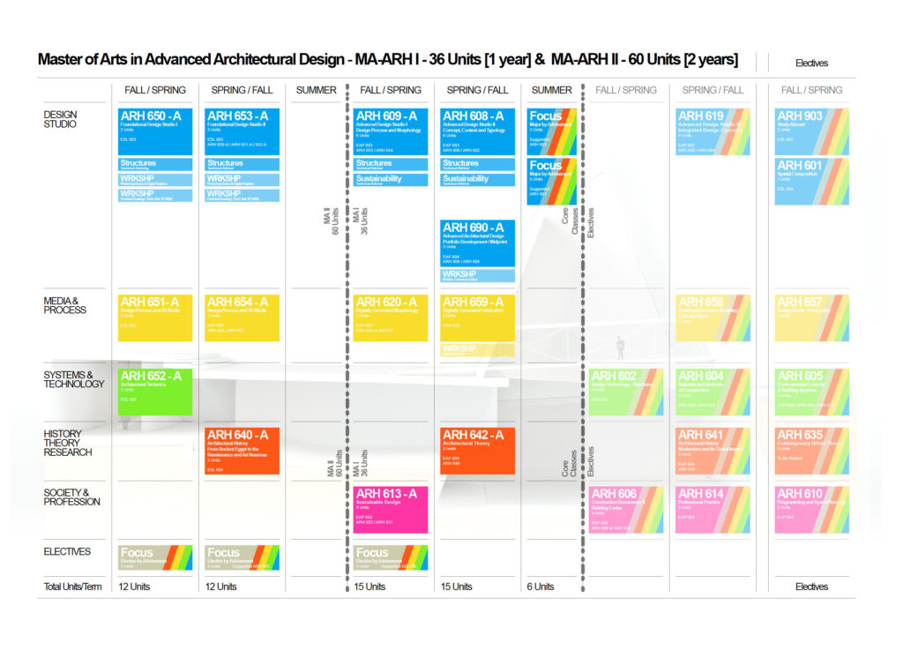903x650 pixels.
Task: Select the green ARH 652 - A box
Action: pyautogui.click(x=154, y=391)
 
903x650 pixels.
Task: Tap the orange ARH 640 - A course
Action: pyautogui.click(x=242, y=451)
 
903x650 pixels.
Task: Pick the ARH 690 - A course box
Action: pyautogui.click(x=477, y=243)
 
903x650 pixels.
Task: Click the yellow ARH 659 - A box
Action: pyautogui.click(x=477, y=318)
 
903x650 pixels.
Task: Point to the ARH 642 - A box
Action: pyautogui.click(x=477, y=451)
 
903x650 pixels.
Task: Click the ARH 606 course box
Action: pyautogui.click(x=626, y=509)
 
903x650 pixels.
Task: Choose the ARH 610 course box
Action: pyautogui.click(x=811, y=509)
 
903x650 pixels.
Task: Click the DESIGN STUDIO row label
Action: pyautogui.click(x=60, y=119)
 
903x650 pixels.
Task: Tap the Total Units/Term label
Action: pyautogui.click(x=73, y=586)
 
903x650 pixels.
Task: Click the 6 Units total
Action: pyautogui.click(x=541, y=586)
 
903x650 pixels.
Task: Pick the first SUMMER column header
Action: pyautogui.click(x=316, y=90)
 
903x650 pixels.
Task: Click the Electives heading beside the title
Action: pyautogui.click(x=811, y=63)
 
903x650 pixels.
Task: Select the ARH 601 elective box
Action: pyautogui.click(x=811, y=181)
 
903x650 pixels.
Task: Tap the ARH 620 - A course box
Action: pyautogui.click(x=391, y=318)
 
